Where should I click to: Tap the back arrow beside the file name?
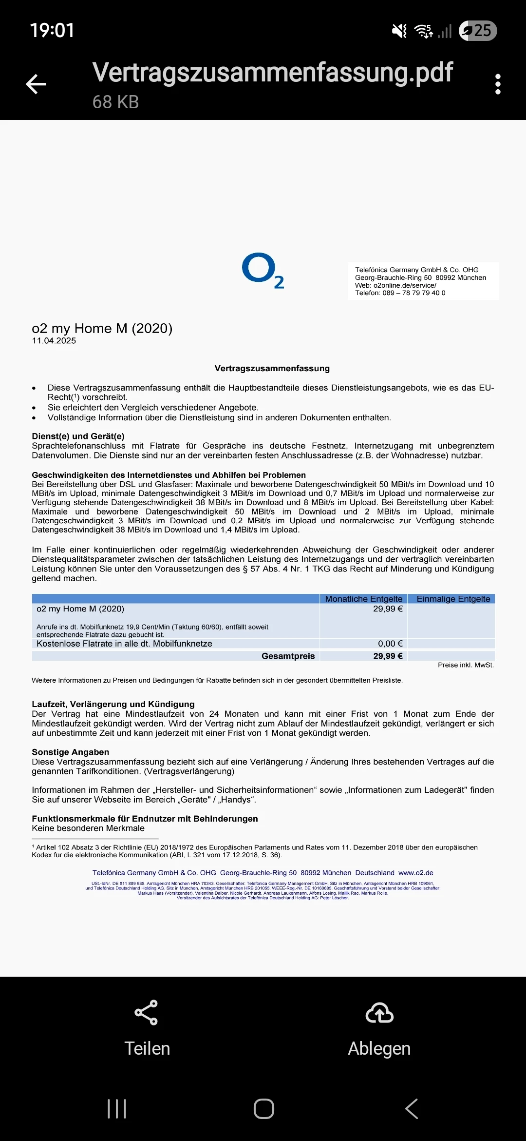[36, 84]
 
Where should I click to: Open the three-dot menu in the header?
[497, 84]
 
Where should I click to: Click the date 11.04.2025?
[54, 341]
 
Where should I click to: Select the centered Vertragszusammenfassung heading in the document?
[272, 369]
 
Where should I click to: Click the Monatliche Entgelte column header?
[363, 599]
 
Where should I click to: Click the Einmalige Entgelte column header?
[453, 599]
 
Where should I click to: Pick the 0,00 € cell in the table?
[390, 644]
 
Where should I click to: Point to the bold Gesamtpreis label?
[288, 656]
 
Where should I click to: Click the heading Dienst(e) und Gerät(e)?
[78, 436]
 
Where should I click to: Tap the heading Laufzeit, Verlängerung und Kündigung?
[113, 704]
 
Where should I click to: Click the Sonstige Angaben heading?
[70, 752]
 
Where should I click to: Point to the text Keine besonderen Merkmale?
[88, 828]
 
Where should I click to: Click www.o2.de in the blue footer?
[415, 873]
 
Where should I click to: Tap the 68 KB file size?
[115, 102]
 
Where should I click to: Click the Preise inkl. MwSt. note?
[466, 665]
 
